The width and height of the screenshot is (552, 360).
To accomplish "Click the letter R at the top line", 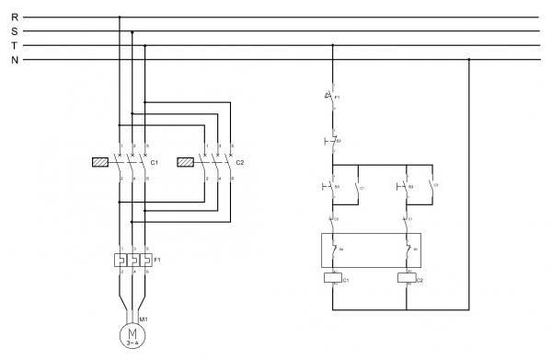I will point(14,17).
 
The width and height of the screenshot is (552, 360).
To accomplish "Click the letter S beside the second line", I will point(14,31).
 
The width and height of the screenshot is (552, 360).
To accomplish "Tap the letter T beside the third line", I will point(14,46).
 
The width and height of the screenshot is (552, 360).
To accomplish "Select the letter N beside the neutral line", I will point(14,61).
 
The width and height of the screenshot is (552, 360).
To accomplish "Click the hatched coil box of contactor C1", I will point(101,162).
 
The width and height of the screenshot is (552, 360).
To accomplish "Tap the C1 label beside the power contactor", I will point(155,163).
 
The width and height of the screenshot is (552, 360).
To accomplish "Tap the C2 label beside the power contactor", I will point(240,163).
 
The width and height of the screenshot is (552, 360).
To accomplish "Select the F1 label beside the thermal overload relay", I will point(156,260).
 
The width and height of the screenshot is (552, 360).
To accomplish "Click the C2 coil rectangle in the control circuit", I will point(406,277).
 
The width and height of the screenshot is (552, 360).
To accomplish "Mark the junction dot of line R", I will point(120,17).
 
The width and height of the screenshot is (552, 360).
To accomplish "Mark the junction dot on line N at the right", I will point(469,61).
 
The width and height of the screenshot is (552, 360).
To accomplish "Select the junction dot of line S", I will point(132,31).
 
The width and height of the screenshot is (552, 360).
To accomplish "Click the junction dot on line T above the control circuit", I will point(332,46).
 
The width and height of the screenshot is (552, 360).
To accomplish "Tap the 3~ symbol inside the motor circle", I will point(132,343).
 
